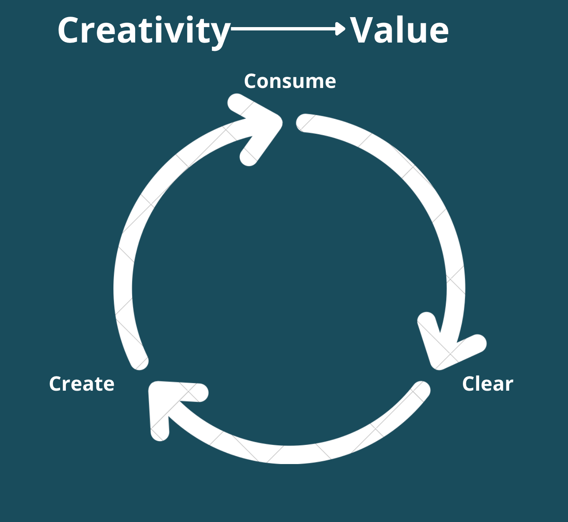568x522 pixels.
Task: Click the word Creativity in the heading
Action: (143, 31)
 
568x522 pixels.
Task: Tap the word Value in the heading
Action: (399, 30)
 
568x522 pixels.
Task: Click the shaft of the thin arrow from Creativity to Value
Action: (284, 29)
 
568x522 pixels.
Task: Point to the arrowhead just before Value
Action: (341, 29)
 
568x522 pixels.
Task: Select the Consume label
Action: (290, 81)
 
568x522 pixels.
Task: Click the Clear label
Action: (488, 384)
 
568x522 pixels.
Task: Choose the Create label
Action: (82, 384)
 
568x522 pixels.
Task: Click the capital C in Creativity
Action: (70, 31)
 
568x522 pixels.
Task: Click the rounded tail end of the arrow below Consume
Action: (304, 123)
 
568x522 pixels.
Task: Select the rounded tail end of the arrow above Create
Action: (139, 361)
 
